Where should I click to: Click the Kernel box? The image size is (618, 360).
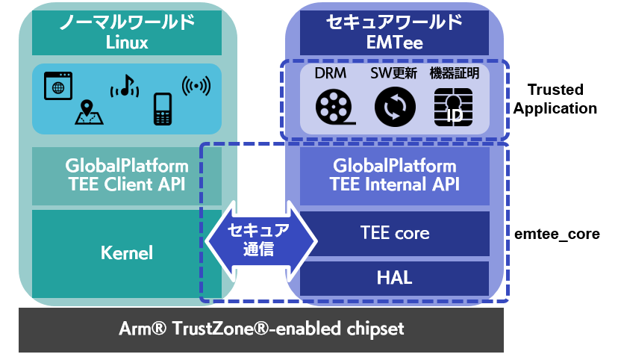coord(127,252)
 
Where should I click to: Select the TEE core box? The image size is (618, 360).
coord(393,233)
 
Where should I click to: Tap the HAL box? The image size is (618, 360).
coord(393,278)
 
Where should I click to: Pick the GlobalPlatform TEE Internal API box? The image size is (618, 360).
coord(393,175)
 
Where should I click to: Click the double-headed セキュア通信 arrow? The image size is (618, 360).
coord(260,240)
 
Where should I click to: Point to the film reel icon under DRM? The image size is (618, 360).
coord(332,106)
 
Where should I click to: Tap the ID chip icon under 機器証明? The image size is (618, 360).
coord(452,107)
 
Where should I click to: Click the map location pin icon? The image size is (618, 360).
coord(87,112)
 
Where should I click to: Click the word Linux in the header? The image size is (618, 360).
coord(127,43)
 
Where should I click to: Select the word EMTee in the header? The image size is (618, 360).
coord(394,43)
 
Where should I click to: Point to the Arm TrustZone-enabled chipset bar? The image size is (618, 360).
coord(260,329)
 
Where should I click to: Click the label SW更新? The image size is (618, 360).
coord(393,74)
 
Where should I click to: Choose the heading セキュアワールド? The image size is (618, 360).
coord(394,22)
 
